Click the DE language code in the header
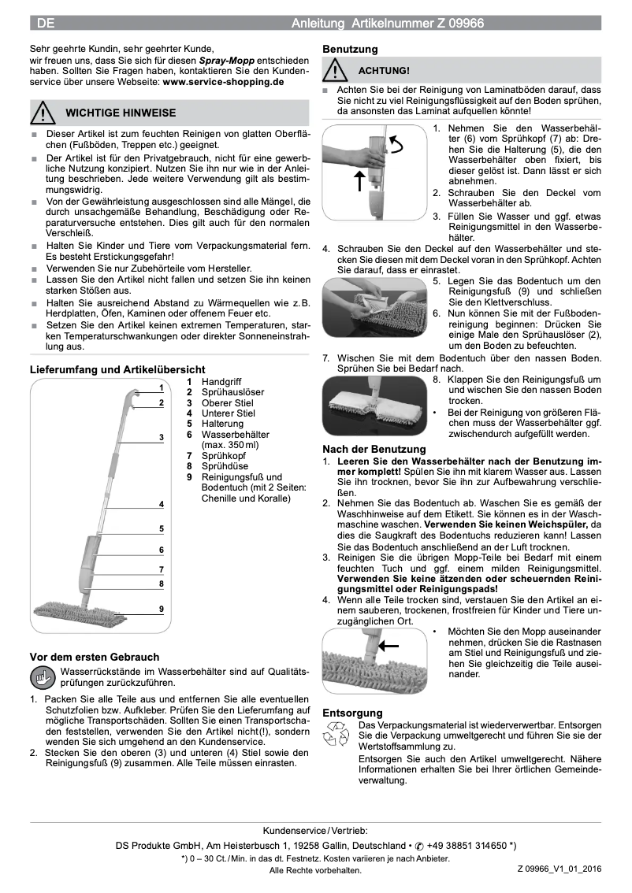[x=45, y=24]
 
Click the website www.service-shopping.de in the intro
[x=223, y=81]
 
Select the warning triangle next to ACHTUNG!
[x=337, y=71]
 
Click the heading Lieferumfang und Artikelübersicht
[x=117, y=369]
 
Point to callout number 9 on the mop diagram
[x=161, y=609]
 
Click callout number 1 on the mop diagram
[x=161, y=387]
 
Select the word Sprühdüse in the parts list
[x=225, y=466]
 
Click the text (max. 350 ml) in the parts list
[x=230, y=445]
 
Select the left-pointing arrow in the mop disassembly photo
[x=388, y=645]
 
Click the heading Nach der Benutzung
[x=374, y=449]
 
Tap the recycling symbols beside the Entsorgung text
[x=337, y=734]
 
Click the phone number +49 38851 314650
[x=467, y=845]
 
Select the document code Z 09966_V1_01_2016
[x=559, y=869]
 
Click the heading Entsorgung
[x=352, y=712]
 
